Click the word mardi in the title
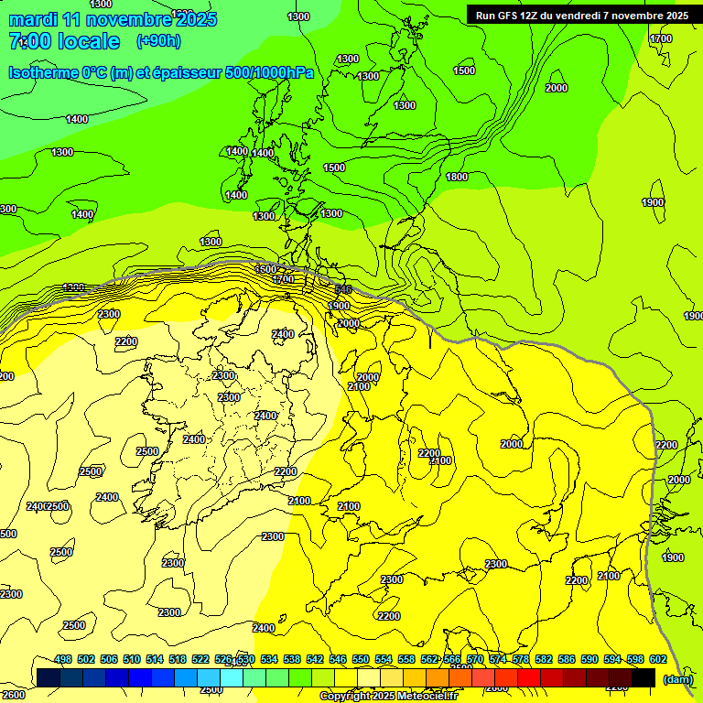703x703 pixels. pos(33,19)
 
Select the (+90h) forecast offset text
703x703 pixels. pos(157,41)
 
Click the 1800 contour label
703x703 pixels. pos(457,177)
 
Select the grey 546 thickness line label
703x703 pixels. pos(343,289)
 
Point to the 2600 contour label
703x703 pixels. pos(14,695)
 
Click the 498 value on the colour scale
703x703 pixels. pos(63,659)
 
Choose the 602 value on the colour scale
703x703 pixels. pos(658,659)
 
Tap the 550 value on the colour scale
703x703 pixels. pos(361,659)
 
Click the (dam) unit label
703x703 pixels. pos(676,679)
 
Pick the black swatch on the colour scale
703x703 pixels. pos(644,677)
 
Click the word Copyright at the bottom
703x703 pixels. pos(346,696)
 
